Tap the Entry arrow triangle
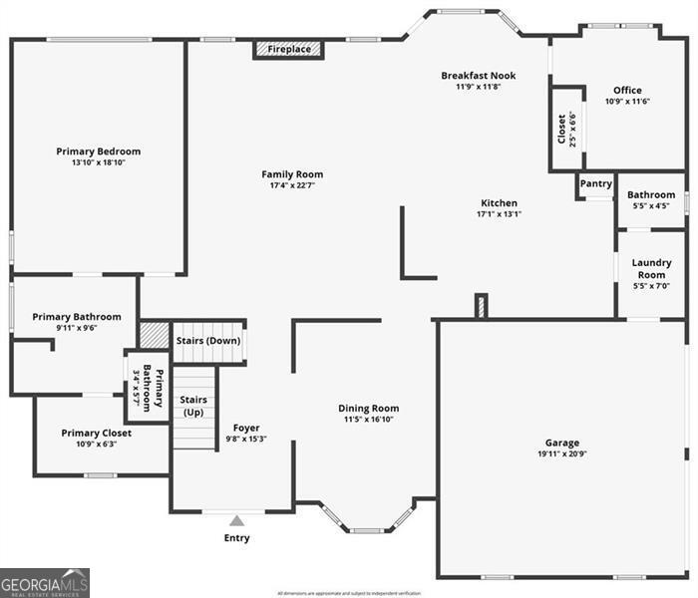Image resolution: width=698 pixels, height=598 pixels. tap(236, 519)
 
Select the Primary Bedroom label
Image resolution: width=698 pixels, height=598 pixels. tap(98, 151)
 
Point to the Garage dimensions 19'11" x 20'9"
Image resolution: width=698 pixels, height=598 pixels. tap(561, 454)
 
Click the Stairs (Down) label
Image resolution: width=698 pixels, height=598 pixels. tap(208, 341)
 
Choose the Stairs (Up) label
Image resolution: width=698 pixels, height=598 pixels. tap(192, 406)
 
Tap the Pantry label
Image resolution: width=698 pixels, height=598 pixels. tap(595, 183)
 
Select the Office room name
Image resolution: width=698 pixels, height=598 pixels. tap(627, 90)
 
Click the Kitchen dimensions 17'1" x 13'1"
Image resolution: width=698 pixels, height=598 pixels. tap(499, 213)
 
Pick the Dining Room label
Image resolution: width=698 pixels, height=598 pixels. tap(368, 408)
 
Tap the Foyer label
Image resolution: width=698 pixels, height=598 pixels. tap(246, 428)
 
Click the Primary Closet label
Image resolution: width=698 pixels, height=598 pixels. tap(96, 433)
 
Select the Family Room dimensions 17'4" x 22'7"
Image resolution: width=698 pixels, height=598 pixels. tap(292, 185)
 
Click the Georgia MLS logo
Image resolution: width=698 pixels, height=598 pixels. tap(45, 582)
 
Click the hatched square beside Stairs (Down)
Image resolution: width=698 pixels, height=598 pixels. tap(154, 335)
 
